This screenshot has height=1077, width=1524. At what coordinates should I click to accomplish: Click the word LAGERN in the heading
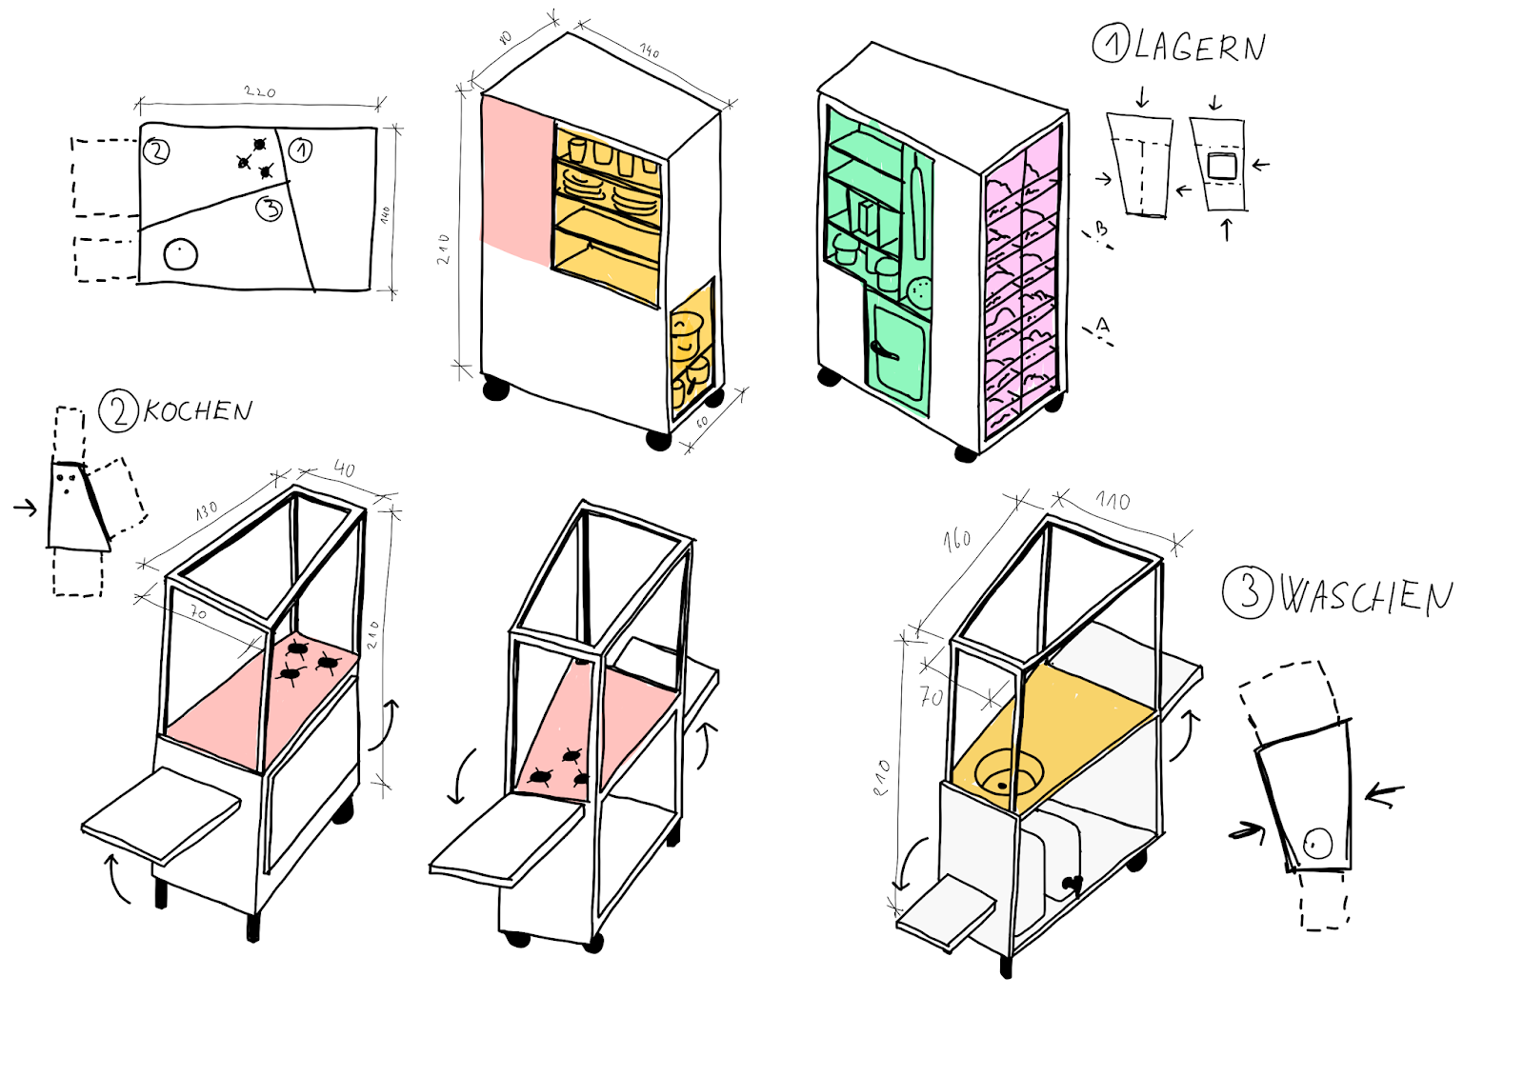click(1199, 47)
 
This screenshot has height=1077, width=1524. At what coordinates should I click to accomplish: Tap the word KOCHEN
click(198, 411)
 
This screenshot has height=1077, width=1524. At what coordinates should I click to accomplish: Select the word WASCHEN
click(1365, 596)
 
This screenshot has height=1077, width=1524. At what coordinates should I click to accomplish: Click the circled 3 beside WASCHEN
click(1247, 592)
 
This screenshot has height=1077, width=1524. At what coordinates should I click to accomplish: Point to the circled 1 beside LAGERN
click(1111, 44)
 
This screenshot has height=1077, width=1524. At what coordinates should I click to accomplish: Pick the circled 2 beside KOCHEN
click(119, 412)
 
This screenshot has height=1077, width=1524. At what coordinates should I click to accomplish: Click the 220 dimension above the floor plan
click(259, 92)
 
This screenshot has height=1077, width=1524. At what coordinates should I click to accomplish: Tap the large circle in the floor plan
click(180, 254)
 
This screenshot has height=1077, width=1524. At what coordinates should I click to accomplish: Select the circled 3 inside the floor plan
click(271, 208)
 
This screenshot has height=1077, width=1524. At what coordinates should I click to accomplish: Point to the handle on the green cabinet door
click(883, 350)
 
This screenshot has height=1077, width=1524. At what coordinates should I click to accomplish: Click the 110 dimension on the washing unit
click(1113, 501)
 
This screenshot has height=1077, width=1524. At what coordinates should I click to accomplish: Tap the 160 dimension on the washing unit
click(957, 540)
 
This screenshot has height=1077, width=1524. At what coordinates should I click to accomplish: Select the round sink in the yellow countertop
click(1007, 773)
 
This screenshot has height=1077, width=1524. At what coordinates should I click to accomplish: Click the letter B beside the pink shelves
click(1101, 229)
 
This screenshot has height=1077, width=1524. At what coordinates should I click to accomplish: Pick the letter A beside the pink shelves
click(1102, 327)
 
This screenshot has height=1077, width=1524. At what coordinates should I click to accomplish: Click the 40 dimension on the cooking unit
click(345, 469)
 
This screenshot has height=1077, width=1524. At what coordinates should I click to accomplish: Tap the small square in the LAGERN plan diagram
click(1221, 166)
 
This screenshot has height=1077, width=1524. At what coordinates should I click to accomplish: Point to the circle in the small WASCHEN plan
click(1317, 843)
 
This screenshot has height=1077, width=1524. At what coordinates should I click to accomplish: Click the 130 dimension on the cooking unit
click(207, 511)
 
